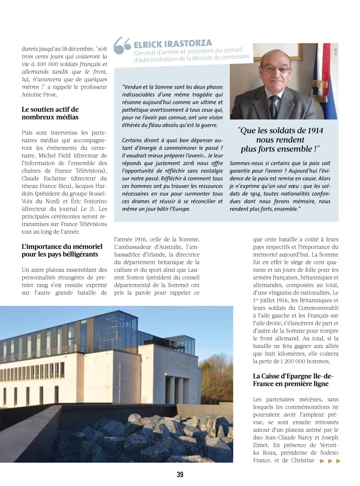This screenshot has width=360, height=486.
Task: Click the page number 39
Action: point(180,474)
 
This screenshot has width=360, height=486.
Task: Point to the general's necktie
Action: point(275,107)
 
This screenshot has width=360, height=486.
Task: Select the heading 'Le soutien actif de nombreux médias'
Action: point(50,113)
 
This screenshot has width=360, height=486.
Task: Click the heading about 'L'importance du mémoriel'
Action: point(62,250)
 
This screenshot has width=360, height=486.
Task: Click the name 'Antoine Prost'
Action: point(41,95)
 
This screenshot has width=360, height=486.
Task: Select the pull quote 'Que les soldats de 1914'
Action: point(281,139)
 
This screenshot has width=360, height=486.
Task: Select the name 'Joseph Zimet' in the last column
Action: point(328,437)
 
